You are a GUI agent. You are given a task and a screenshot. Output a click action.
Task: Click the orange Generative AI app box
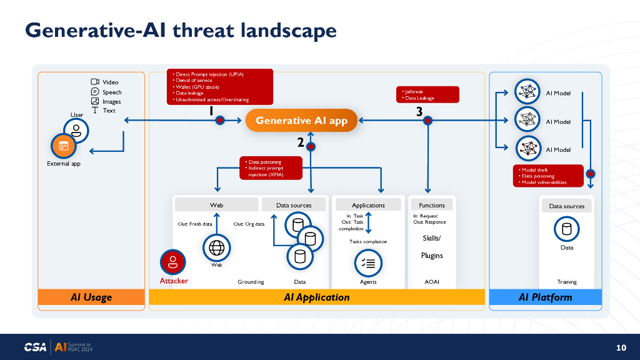pos(301,121)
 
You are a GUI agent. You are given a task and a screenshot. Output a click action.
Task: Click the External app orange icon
pos(63,146)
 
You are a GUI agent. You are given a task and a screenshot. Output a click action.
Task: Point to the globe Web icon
pos(217,247)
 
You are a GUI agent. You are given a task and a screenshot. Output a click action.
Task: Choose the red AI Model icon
pos(527,149)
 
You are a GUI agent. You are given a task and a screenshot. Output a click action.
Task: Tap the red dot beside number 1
pos(220,121)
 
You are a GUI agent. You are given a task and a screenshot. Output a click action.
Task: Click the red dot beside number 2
pos(311,146)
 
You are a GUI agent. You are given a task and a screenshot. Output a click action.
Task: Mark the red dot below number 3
pos(428,121)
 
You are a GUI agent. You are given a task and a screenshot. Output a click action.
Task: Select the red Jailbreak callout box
pos(428,94)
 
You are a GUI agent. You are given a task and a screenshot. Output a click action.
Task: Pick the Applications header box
pos(368,205)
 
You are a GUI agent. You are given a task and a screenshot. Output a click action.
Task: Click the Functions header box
pos(432,205)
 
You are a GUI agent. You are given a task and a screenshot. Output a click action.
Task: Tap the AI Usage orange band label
pos(91,297)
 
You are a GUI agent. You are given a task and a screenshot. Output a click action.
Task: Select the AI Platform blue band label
pos(545,297)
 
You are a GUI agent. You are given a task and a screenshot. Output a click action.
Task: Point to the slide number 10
pos(621,347)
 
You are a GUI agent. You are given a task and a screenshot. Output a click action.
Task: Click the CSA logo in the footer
pos(35,347)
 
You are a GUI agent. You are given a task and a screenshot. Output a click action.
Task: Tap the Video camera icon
pos(95,82)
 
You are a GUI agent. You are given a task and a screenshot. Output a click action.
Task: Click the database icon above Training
pos(567,229)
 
